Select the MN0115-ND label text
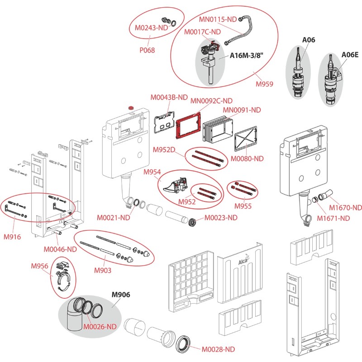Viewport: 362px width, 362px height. (x=218, y=19)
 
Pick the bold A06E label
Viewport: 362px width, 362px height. (x=350, y=54)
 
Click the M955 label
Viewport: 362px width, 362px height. (x=243, y=206)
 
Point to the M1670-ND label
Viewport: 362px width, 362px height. (x=346, y=208)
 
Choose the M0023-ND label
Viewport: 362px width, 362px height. (x=221, y=218)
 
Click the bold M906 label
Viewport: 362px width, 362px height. (x=121, y=295)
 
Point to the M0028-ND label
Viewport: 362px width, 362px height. (x=218, y=349)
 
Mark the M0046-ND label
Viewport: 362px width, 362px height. (x=60, y=249)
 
